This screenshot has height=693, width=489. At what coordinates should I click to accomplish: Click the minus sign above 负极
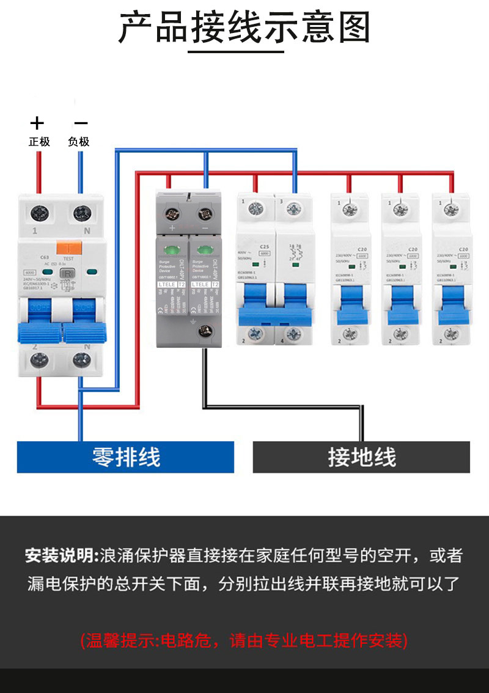(x=80, y=123)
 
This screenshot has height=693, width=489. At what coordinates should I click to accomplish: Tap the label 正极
(x=39, y=142)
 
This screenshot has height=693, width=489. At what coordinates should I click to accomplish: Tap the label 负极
(x=79, y=142)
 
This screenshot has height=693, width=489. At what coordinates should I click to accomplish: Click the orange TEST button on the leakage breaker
(x=70, y=248)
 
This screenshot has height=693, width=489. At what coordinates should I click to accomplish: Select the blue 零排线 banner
(x=125, y=457)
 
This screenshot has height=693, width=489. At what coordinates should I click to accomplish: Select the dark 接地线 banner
(x=361, y=457)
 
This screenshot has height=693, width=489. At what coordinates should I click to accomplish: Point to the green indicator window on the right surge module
(x=201, y=251)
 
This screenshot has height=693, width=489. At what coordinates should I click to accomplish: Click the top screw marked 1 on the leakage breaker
(x=40, y=213)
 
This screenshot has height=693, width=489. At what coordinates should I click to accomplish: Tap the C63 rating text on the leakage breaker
(x=44, y=258)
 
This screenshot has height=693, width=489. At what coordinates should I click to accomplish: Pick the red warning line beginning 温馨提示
(x=244, y=641)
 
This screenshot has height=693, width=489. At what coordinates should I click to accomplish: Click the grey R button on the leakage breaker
(x=69, y=274)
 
